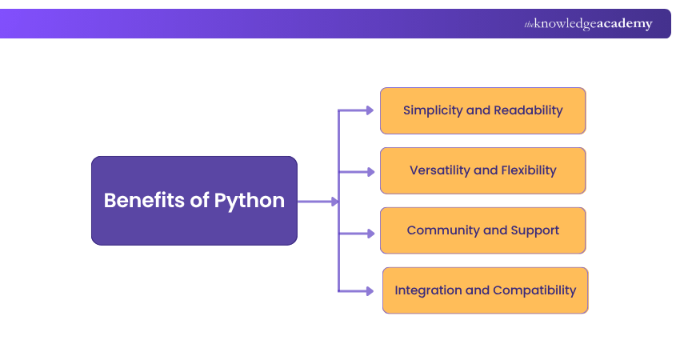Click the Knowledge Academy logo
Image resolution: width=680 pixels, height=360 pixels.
pyautogui.click(x=588, y=24)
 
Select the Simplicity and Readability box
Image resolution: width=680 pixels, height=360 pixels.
pyautogui.click(x=482, y=110)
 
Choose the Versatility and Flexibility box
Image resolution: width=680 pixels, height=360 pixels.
pyautogui.click(x=482, y=170)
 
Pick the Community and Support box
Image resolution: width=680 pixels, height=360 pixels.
pyautogui.click(x=482, y=230)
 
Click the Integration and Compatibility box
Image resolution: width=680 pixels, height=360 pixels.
pyautogui.click(x=485, y=290)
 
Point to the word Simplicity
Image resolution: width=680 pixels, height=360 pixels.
pyautogui.click(x=433, y=110)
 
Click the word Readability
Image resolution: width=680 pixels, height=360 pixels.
pyautogui.click(x=528, y=110)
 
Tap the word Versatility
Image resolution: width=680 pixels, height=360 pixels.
pyautogui.click(x=438, y=170)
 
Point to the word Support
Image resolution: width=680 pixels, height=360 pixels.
pyautogui.click(x=535, y=230)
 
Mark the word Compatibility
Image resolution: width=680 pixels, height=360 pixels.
pyautogui.click(x=534, y=290)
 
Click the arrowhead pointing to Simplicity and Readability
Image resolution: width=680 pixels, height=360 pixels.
pyautogui.click(x=370, y=110)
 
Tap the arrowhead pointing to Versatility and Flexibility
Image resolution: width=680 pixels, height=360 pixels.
pyautogui.click(x=370, y=171)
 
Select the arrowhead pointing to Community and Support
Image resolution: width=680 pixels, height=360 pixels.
pyautogui.click(x=370, y=234)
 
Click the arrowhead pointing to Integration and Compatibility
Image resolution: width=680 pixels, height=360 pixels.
pyautogui.click(x=370, y=290)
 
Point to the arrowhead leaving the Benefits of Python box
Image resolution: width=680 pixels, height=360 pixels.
pyautogui.click(x=334, y=202)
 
